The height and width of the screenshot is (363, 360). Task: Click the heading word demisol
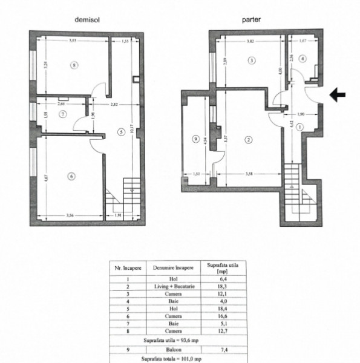(x=87, y=19)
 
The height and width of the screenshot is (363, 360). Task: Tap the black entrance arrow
(x=338, y=94)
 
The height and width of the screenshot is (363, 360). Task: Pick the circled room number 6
(x=71, y=176)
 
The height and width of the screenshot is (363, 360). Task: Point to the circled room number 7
(x=62, y=114)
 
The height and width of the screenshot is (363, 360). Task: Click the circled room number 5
(x=121, y=131)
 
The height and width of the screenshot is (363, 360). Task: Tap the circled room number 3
(x=251, y=60)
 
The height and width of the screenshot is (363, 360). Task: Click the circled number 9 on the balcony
(x=195, y=140)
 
